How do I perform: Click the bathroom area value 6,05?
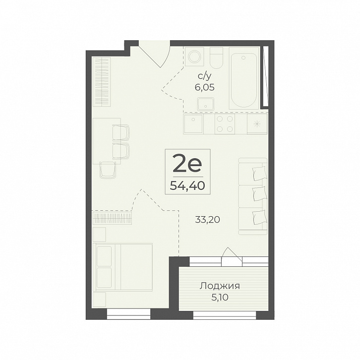(205, 87)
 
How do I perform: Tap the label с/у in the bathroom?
(204, 76)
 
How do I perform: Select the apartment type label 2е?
(187, 164)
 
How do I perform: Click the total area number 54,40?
(187, 185)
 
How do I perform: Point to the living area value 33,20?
(208, 220)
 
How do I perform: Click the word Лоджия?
(220, 286)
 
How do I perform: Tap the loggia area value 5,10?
(220, 298)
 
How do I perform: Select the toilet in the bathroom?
(216, 58)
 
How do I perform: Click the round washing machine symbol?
(194, 57)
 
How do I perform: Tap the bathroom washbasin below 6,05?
(205, 104)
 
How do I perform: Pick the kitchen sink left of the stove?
(193, 124)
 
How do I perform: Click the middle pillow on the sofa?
(259, 194)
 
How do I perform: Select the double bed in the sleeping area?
(124, 267)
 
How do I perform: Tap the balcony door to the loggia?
(232, 257)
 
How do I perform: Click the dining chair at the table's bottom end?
(107, 170)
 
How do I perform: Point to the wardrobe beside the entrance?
(101, 81)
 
